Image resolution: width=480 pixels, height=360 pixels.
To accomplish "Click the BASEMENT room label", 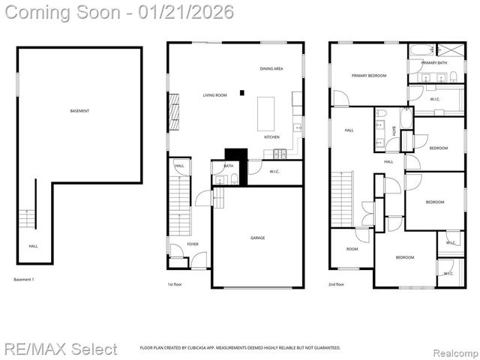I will click(79, 111).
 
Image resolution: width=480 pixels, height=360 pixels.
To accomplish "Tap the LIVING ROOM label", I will click(214, 95).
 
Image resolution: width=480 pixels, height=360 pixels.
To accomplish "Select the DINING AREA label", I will click(271, 69).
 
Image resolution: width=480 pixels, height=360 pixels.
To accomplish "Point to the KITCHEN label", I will click(271, 137).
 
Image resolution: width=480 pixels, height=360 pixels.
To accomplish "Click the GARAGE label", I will click(257, 238).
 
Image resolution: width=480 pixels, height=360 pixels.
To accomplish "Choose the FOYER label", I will click(193, 244).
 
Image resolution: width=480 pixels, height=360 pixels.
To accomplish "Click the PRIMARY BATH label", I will click(434, 63).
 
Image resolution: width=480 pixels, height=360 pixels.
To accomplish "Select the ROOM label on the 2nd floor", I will click(352, 249).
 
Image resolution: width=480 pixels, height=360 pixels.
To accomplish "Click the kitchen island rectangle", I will click(266, 114).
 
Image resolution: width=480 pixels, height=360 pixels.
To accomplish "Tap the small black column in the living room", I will click(241, 93).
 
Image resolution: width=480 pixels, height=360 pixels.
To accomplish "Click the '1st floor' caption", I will click(175, 285).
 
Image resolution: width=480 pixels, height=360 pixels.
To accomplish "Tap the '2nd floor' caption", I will click(336, 285).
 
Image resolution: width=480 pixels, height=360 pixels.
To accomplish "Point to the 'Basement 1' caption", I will click(24, 280).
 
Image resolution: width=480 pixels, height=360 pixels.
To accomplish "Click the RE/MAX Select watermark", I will click(60, 349).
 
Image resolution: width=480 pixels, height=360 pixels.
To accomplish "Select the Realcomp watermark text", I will click(451, 349).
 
